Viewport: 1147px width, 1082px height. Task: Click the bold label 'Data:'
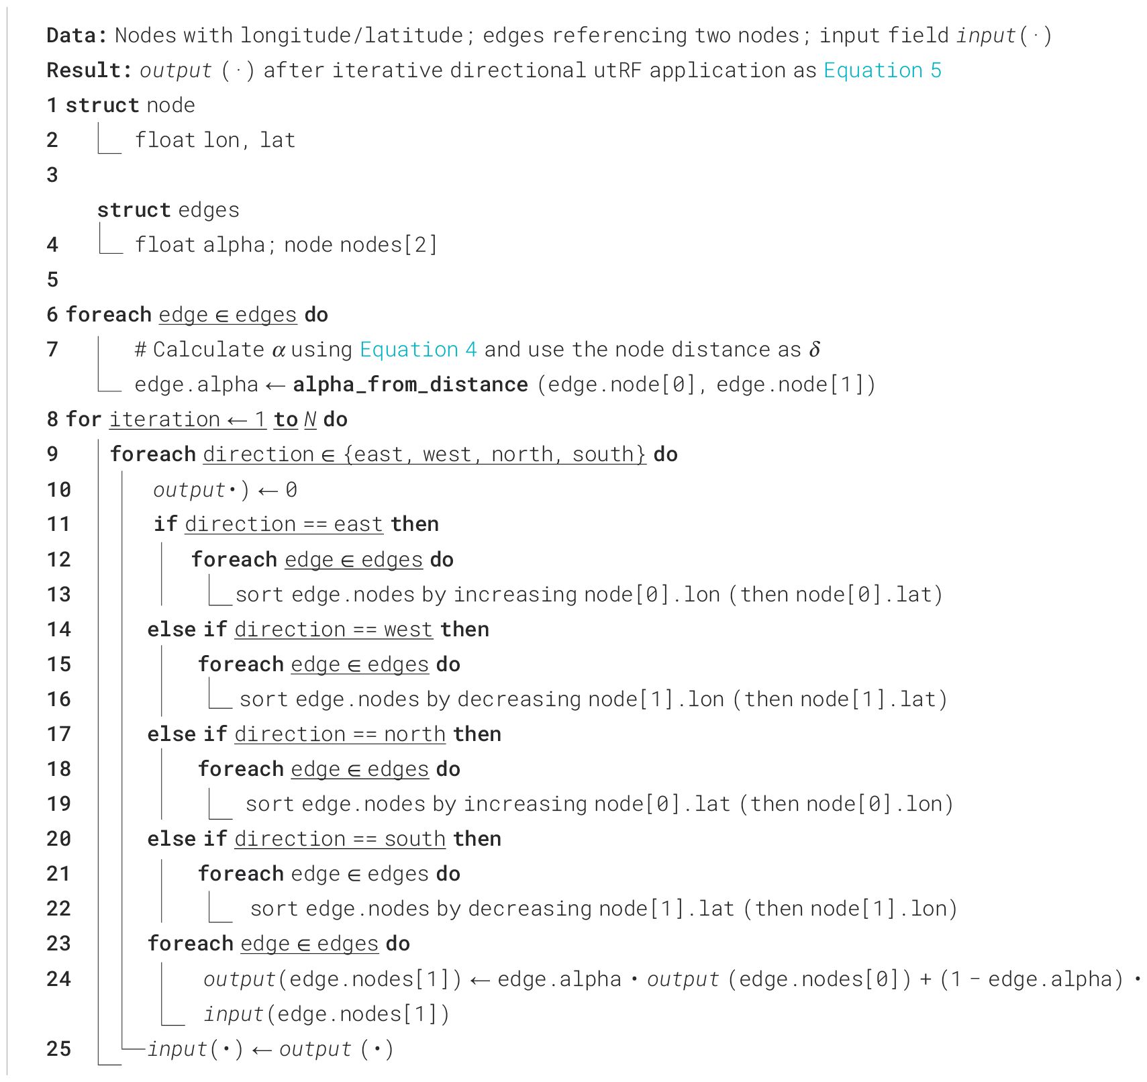[x=77, y=35]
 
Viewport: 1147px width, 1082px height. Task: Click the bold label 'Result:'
[x=89, y=70]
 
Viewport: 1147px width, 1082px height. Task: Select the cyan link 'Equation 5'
[x=882, y=70]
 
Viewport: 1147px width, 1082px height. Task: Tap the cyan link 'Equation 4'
[x=418, y=349]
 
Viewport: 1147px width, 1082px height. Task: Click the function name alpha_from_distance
[x=410, y=385]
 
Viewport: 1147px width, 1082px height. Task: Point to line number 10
[x=58, y=489]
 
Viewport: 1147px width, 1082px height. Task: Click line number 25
[x=58, y=1048]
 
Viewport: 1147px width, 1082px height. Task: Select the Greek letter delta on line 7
[x=814, y=349]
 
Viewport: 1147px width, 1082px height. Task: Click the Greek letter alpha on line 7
[x=279, y=350]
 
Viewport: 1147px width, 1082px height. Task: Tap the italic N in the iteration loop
[x=309, y=420]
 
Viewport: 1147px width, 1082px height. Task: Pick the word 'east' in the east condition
[x=358, y=524]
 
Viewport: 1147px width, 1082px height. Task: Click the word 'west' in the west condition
[x=408, y=629]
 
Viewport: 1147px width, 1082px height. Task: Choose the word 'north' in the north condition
[x=414, y=734]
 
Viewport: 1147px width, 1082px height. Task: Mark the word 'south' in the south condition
[x=414, y=838]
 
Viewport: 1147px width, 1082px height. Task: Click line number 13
[x=58, y=594]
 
